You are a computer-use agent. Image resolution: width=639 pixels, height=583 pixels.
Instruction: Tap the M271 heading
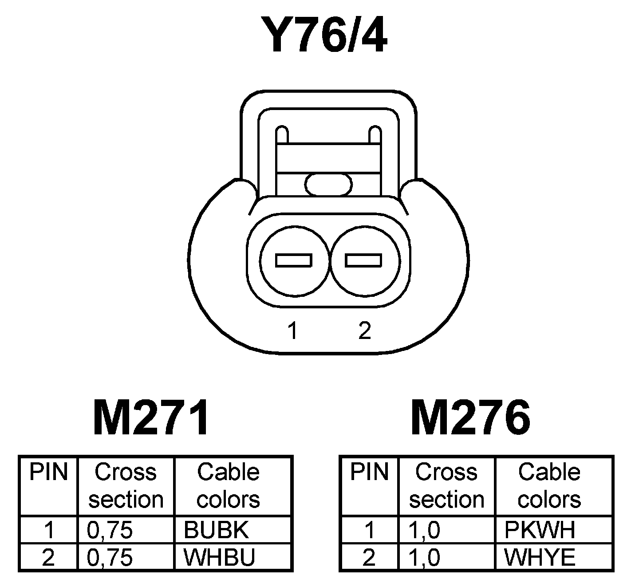click(x=151, y=418)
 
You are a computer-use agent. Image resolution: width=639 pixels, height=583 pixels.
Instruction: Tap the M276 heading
click(x=470, y=418)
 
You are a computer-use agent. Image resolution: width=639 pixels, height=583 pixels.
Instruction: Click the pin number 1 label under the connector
click(x=292, y=331)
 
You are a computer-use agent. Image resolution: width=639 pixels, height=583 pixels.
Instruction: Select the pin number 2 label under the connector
click(x=364, y=330)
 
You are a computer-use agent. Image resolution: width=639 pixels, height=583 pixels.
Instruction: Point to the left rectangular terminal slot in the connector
click(x=293, y=260)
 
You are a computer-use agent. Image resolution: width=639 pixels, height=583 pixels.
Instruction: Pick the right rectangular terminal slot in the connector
click(x=363, y=260)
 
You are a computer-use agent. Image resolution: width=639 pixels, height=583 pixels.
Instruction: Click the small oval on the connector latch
click(x=329, y=184)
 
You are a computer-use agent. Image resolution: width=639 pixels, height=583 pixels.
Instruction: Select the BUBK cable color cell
click(x=216, y=529)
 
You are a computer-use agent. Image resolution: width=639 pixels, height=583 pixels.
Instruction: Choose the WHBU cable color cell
click(x=219, y=558)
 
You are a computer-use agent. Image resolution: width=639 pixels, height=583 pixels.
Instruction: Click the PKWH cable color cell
click(x=540, y=529)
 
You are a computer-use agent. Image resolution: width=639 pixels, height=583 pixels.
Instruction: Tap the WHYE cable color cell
click(x=540, y=558)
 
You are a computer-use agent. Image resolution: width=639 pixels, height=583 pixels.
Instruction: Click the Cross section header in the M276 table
click(x=446, y=485)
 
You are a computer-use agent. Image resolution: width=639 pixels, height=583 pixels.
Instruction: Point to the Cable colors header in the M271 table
click(x=228, y=485)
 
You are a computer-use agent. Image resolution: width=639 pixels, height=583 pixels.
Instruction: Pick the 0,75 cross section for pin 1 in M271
click(x=110, y=530)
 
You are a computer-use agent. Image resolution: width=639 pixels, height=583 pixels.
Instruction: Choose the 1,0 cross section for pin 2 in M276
click(x=425, y=558)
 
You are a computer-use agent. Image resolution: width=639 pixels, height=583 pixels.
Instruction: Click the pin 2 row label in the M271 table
click(x=48, y=558)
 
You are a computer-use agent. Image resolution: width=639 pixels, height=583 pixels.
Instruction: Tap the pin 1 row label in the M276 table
click(x=369, y=530)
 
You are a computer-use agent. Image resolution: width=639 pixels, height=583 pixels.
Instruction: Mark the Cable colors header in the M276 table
click(x=549, y=485)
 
